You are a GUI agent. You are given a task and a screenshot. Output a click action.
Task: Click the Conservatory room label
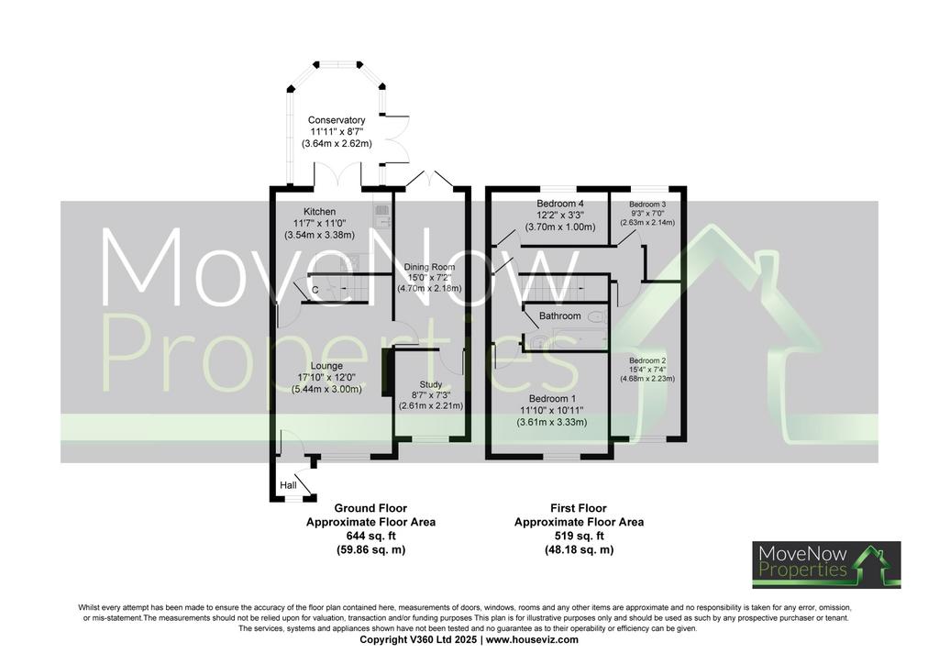tap(337, 120)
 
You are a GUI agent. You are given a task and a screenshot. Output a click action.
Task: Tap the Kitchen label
tap(319, 211)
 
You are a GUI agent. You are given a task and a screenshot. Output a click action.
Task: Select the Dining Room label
tap(429, 267)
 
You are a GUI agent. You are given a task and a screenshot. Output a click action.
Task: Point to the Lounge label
tap(326, 366)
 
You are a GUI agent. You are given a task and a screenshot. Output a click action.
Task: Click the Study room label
tap(431, 384)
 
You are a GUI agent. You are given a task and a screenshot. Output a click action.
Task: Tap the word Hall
tap(288, 485)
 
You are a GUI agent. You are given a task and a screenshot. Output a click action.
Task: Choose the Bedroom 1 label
tap(552, 399)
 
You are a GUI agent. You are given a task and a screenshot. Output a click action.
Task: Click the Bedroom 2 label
tap(647, 360)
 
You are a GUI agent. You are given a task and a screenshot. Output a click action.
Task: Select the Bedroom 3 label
tap(647, 205)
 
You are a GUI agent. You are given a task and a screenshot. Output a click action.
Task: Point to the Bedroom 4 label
tap(560, 204)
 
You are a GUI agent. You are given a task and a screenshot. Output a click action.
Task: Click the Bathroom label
tap(560, 316)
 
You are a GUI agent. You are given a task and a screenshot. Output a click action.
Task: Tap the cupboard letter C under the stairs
tap(315, 291)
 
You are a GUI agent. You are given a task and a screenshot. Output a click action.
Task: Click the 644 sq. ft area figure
tap(370, 536)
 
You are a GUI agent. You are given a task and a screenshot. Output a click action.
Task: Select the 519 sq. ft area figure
tap(580, 536)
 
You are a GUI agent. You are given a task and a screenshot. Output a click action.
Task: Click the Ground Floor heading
tap(370, 508)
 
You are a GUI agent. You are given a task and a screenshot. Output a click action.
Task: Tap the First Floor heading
tap(579, 508)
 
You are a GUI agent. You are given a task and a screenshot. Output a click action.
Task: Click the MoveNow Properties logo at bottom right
tap(826, 565)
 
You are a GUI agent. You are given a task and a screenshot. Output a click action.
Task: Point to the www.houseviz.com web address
tap(532, 639)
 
